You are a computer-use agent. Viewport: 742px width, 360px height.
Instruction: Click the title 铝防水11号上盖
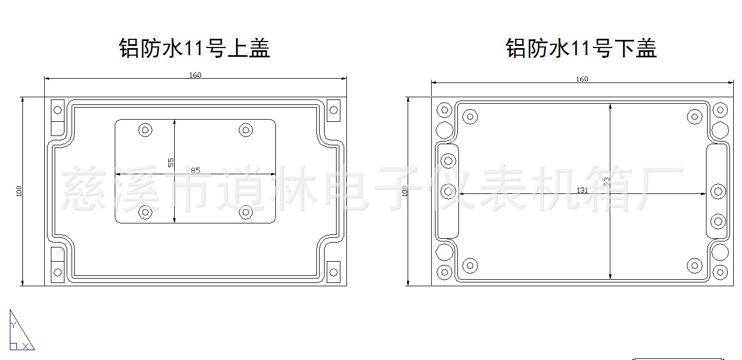[195, 48]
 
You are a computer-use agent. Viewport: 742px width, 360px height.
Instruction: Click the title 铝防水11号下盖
[581, 48]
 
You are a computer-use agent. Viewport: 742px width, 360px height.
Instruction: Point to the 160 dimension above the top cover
[196, 75]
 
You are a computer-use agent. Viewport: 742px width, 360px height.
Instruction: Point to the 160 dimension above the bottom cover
[582, 79]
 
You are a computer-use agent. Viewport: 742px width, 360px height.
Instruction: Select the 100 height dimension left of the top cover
[19, 191]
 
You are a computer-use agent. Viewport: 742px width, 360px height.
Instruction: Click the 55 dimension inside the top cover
[170, 162]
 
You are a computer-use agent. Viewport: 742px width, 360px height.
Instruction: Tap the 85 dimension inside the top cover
[195, 170]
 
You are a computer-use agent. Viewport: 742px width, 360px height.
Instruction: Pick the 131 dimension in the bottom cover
[582, 190]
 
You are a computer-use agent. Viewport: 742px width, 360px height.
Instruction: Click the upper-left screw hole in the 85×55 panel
[145, 130]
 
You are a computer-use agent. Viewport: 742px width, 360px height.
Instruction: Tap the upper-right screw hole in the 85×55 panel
[246, 130]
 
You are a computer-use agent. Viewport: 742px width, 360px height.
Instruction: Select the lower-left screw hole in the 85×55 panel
[145, 212]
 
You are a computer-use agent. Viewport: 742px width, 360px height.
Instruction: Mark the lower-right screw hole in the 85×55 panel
[246, 212]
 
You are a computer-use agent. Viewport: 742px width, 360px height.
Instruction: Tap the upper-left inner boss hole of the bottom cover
[470, 116]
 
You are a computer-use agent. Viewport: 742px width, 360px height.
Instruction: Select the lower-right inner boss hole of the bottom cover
[694, 265]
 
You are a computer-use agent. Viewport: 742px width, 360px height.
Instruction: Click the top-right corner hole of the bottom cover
[721, 110]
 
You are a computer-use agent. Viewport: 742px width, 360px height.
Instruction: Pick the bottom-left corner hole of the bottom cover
[445, 272]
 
